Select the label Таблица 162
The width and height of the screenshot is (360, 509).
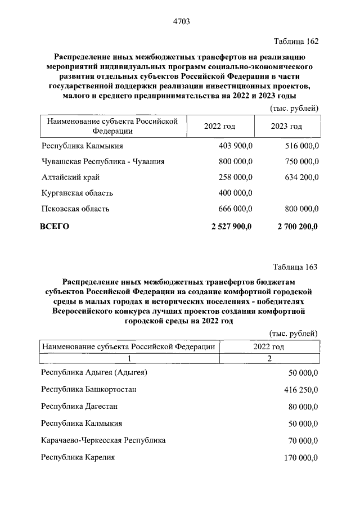tap(296, 42)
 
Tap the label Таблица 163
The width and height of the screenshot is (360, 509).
tap(295, 267)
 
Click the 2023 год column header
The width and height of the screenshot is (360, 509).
tap(286, 126)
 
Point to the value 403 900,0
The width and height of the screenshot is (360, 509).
tap(235, 146)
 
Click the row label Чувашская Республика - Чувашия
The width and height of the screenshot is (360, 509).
tap(103, 161)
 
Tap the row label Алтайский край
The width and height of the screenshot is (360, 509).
tap(71, 177)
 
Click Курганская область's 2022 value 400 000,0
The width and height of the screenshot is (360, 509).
tap(235, 193)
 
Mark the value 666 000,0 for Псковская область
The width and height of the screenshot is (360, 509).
tap(235, 209)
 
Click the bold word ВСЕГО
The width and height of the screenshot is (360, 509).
tap(55, 227)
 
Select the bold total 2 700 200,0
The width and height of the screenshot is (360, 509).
tap(296, 227)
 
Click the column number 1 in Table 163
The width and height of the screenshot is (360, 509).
tap(129, 358)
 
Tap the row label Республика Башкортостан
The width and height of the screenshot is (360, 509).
tap(89, 389)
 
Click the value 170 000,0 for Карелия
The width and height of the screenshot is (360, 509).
tap(299, 458)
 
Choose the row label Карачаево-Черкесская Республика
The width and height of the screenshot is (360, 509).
tap(103, 440)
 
